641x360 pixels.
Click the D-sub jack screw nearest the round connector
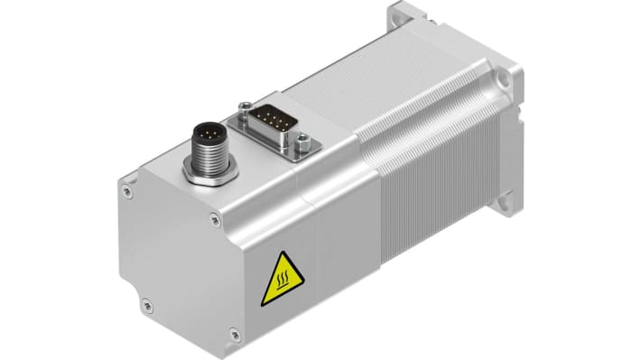[x=244, y=109]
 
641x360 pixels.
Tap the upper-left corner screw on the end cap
[x=127, y=191]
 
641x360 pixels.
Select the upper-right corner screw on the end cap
[x=213, y=217]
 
